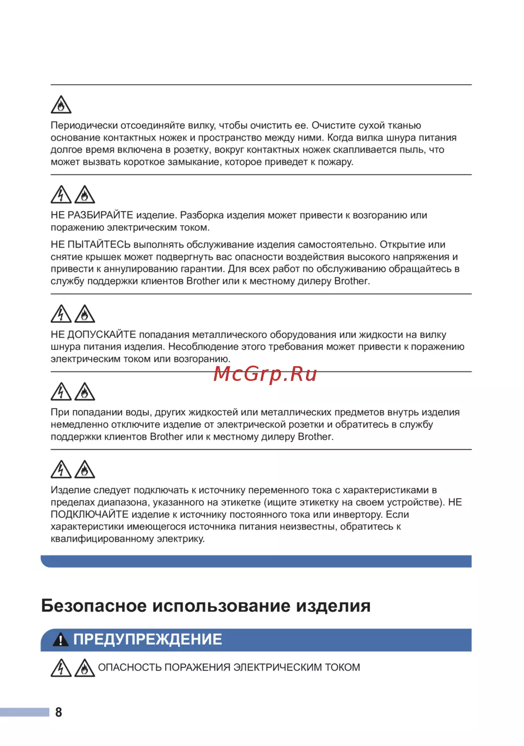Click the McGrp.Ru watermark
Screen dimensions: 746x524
[x=265, y=374]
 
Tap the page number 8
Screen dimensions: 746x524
[x=59, y=712]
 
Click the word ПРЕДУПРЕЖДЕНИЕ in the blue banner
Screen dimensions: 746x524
[x=148, y=640]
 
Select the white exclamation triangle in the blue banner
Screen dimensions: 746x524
[x=61, y=640]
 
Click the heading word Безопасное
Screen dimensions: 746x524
[x=94, y=606]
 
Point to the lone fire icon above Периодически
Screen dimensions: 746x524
[x=61, y=105]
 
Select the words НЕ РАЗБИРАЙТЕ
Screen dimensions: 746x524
[x=92, y=215]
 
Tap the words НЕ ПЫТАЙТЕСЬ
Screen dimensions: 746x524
[x=90, y=244]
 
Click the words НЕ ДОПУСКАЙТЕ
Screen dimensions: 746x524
[x=93, y=335]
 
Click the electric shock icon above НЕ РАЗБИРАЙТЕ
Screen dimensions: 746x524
[x=61, y=195]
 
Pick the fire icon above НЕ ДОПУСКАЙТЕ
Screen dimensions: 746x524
[x=84, y=314]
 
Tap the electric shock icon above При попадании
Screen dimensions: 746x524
[x=61, y=392]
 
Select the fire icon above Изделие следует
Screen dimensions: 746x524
[x=84, y=470]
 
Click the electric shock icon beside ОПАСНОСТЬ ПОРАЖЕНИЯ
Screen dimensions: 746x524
[x=61, y=668]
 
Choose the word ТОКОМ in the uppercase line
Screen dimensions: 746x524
[x=342, y=668]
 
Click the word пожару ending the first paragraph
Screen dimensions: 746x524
[x=335, y=162]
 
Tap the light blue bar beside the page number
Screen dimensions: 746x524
[x=25, y=712]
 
